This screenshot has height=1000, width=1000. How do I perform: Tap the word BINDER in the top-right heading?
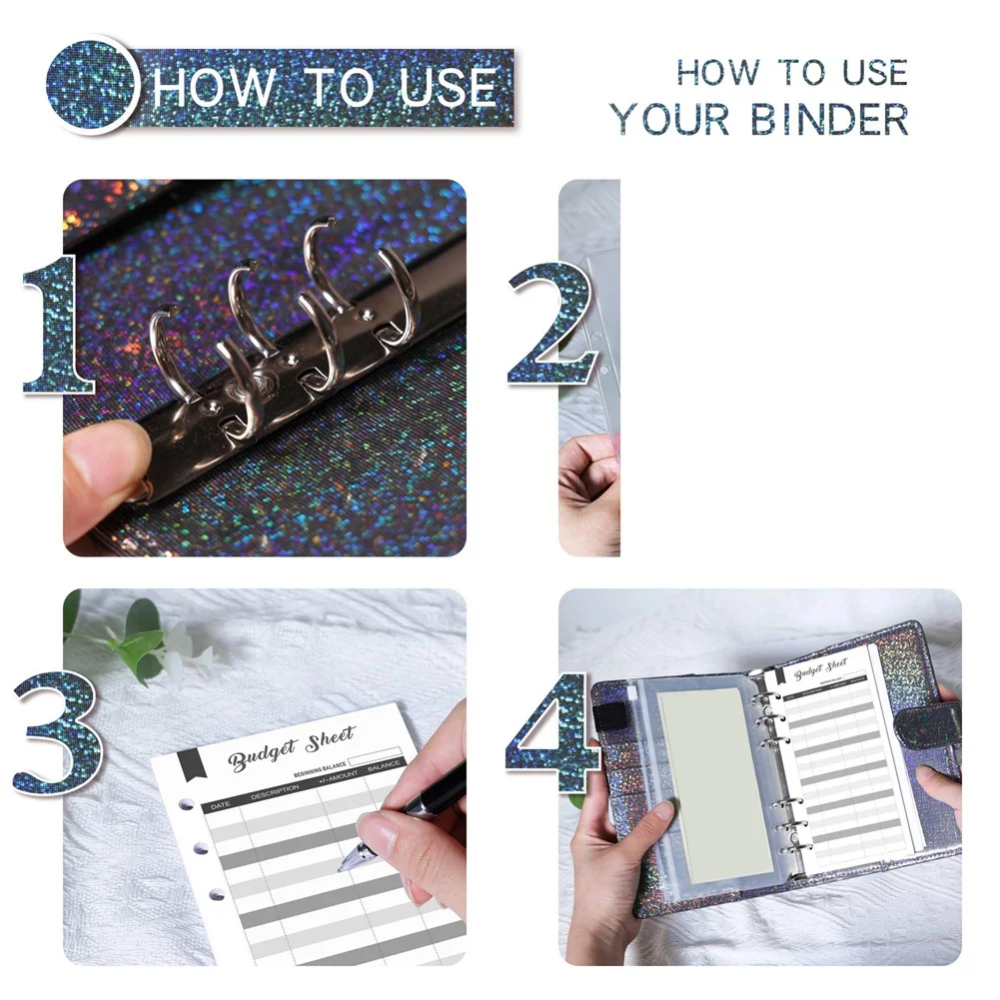pos(830,119)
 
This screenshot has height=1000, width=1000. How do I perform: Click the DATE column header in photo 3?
pos(220,804)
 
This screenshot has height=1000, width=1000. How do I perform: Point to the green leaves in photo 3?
pos(135,639)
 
